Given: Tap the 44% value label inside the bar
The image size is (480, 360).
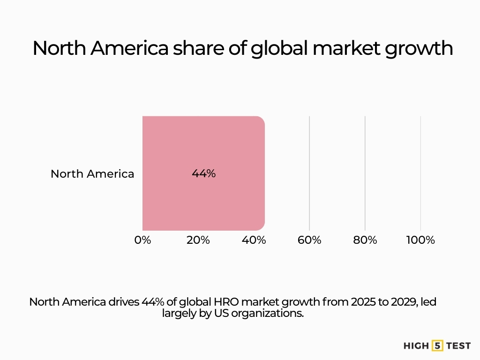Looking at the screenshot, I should tap(203, 173).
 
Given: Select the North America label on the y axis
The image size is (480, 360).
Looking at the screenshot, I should tap(92, 174).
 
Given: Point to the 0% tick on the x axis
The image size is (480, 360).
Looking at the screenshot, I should tap(142, 240).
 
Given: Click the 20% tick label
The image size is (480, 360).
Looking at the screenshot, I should tap(198, 240).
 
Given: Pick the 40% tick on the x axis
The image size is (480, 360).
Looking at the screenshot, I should tap(254, 240).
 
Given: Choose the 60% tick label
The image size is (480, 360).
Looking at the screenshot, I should tap(309, 240).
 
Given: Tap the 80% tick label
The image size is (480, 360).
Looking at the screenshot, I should tap(365, 240).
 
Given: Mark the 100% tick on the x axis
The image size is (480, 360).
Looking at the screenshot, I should tap(420, 240).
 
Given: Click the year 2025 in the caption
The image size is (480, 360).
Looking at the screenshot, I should tap(361, 302).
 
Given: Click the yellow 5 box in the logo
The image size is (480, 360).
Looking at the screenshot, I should tap(437, 346).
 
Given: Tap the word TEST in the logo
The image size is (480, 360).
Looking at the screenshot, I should tap(458, 346).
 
